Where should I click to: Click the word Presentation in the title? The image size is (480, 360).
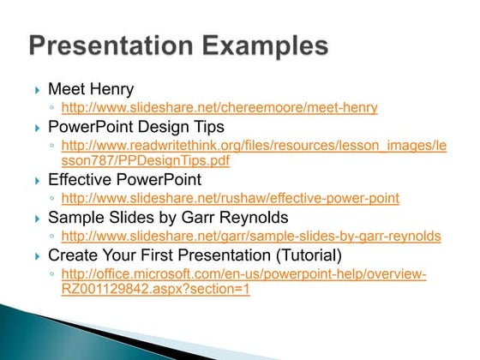121,45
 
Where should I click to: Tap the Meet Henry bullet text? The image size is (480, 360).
91,88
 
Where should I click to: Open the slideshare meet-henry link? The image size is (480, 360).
219,108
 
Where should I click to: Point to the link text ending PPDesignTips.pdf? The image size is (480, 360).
146,159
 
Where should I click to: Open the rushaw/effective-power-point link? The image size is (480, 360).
230,199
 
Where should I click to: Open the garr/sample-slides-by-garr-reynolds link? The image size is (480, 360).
251,236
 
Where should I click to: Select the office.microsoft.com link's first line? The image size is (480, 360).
243,273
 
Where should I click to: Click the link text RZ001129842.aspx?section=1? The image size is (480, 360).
155,288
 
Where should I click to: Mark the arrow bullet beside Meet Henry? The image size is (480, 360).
38,89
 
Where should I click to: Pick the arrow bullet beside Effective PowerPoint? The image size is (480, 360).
38,181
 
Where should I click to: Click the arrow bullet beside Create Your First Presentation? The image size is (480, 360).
38,255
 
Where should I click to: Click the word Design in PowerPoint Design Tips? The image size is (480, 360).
147,127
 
